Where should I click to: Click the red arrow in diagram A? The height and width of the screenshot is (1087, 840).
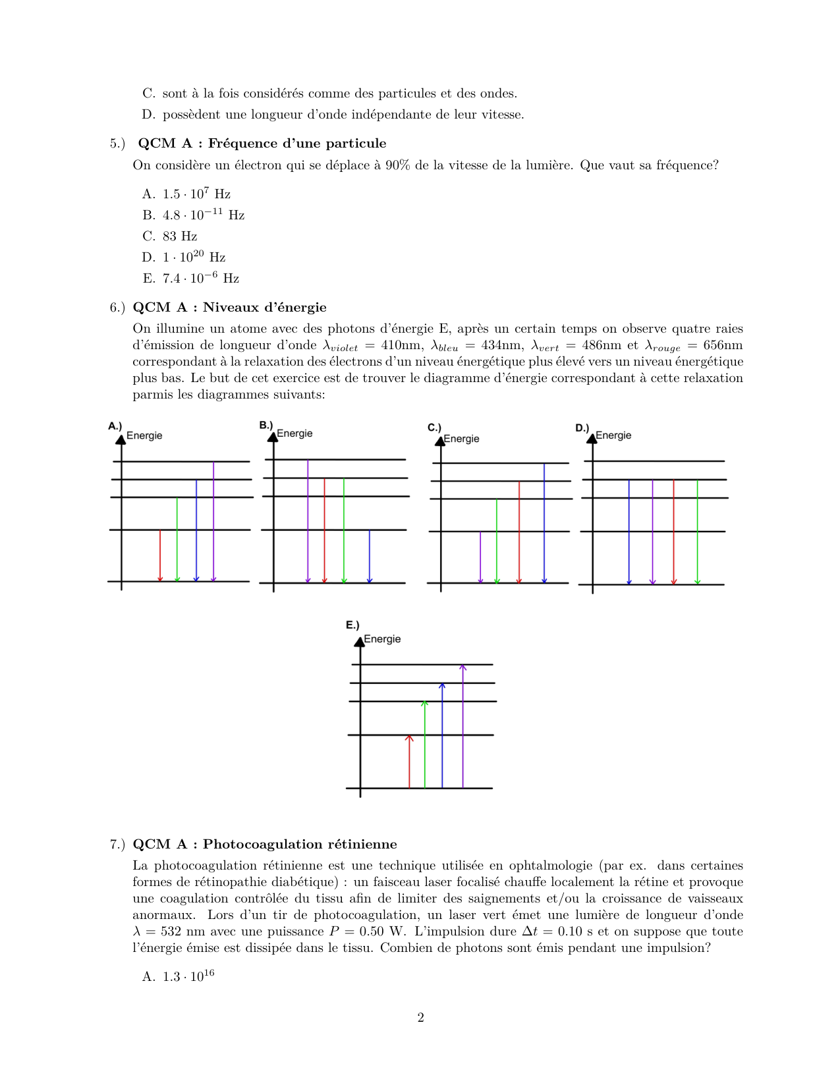tap(160, 555)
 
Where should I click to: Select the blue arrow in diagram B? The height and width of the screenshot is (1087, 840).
tap(369, 557)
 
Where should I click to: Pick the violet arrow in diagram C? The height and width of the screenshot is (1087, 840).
tap(480, 557)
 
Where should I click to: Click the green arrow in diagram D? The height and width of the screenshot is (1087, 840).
tap(697, 532)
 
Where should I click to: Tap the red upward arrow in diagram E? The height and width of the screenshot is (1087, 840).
tap(409, 762)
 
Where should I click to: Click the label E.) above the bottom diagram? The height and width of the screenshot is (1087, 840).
tap(352, 625)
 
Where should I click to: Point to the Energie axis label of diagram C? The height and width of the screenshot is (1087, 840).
tap(461, 439)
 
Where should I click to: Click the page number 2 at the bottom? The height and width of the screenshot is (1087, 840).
tap(420, 1018)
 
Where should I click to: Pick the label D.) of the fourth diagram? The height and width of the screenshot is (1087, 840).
tap(582, 428)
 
